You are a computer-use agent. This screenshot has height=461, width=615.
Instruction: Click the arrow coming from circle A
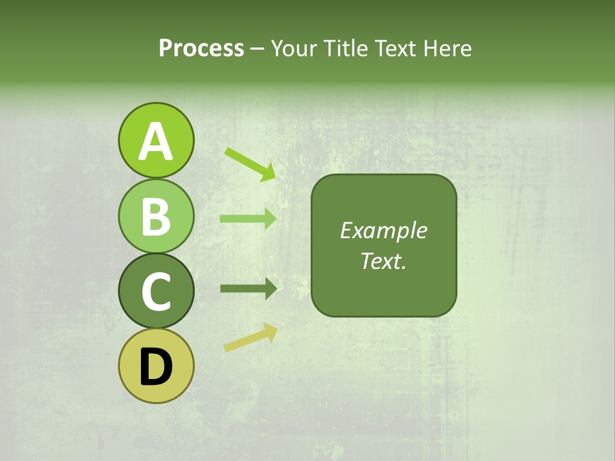point(250,163)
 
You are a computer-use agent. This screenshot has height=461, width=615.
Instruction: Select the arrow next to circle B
point(248,218)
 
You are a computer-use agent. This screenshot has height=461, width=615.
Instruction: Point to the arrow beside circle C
point(248,289)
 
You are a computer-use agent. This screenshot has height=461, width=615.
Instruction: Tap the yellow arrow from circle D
point(250,338)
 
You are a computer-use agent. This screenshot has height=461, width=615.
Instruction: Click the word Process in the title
point(201,48)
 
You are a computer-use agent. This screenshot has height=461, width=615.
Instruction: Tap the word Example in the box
point(383,230)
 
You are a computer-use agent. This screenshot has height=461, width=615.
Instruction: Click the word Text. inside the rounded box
point(383,261)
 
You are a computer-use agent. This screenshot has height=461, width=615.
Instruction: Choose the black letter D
point(156,368)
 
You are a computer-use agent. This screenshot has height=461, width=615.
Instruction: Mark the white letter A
point(156,142)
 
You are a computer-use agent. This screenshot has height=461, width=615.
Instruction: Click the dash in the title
point(258,49)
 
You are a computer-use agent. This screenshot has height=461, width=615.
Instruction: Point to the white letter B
point(156,216)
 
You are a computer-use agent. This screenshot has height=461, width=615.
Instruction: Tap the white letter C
point(156,292)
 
